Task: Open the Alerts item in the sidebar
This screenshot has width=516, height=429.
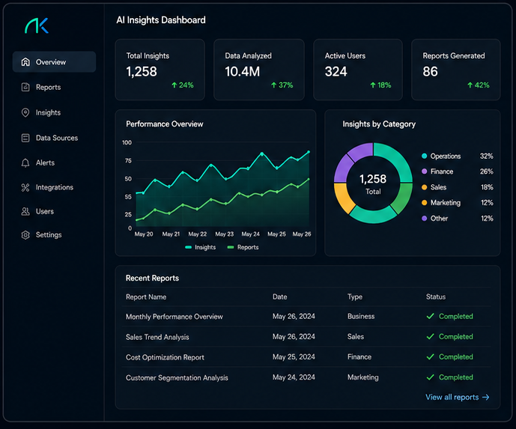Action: tap(38, 163)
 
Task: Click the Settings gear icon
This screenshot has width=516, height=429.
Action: tap(25, 235)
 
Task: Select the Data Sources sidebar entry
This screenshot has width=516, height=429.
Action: tap(49, 138)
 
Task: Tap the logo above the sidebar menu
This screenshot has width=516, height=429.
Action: tap(37, 25)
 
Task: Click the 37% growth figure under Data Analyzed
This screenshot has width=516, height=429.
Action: tap(282, 85)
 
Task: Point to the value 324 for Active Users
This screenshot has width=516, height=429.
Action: tap(336, 71)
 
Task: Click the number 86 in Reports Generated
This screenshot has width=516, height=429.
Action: tap(430, 71)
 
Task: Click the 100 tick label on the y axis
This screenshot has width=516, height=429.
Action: tap(127, 142)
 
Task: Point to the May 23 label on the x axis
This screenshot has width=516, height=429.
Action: tap(225, 234)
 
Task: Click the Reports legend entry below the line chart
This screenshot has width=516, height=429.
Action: tap(243, 247)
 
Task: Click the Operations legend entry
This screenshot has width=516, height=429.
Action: tap(441, 156)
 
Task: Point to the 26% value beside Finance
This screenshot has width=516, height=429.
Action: tap(486, 171)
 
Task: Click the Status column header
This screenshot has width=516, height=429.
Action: tap(436, 296)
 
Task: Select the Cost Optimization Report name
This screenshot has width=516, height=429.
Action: tap(165, 357)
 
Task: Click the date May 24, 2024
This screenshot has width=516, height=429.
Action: tap(294, 377)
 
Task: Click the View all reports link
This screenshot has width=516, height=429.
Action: tap(458, 397)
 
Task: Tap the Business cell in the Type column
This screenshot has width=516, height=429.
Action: tap(361, 316)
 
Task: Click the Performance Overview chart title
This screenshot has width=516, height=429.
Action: tap(165, 124)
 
